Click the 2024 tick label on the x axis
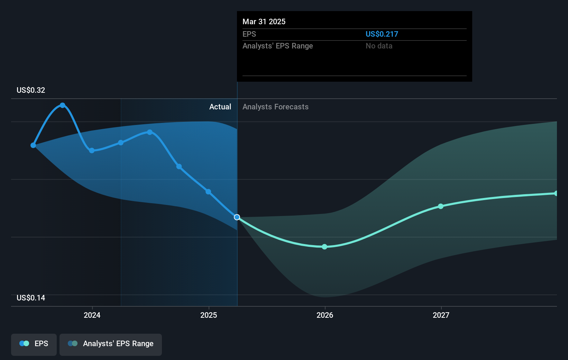pyautogui.click(x=92, y=315)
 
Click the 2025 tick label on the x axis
pyautogui.click(x=209, y=315)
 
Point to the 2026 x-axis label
pyautogui.click(x=325, y=315)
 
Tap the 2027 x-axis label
pyautogui.click(x=441, y=315)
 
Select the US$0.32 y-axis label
pyautogui.click(x=31, y=90)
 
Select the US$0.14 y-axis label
pyautogui.click(x=31, y=298)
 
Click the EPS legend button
pyautogui.click(x=34, y=344)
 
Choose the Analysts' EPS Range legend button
pyautogui.click(x=111, y=344)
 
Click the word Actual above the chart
pyautogui.click(x=220, y=107)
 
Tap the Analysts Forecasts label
pyautogui.click(x=275, y=107)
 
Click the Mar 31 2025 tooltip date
pyautogui.click(x=264, y=22)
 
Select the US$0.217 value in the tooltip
pyautogui.click(x=382, y=34)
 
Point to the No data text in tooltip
pyautogui.click(x=379, y=46)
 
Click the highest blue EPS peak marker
pyautogui.click(x=63, y=105)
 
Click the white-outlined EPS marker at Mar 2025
pyautogui.click(x=237, y=217)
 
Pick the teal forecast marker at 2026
pyautogui.click(x=324, y=247)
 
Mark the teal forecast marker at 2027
pyautogui.click(x=441, y=206)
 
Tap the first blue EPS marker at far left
pyautogui.click(x=33, y=145)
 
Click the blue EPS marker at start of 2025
pyautogui.click(x=208, y=192)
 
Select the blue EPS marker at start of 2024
pyautogui.click(x=92, y=151)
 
